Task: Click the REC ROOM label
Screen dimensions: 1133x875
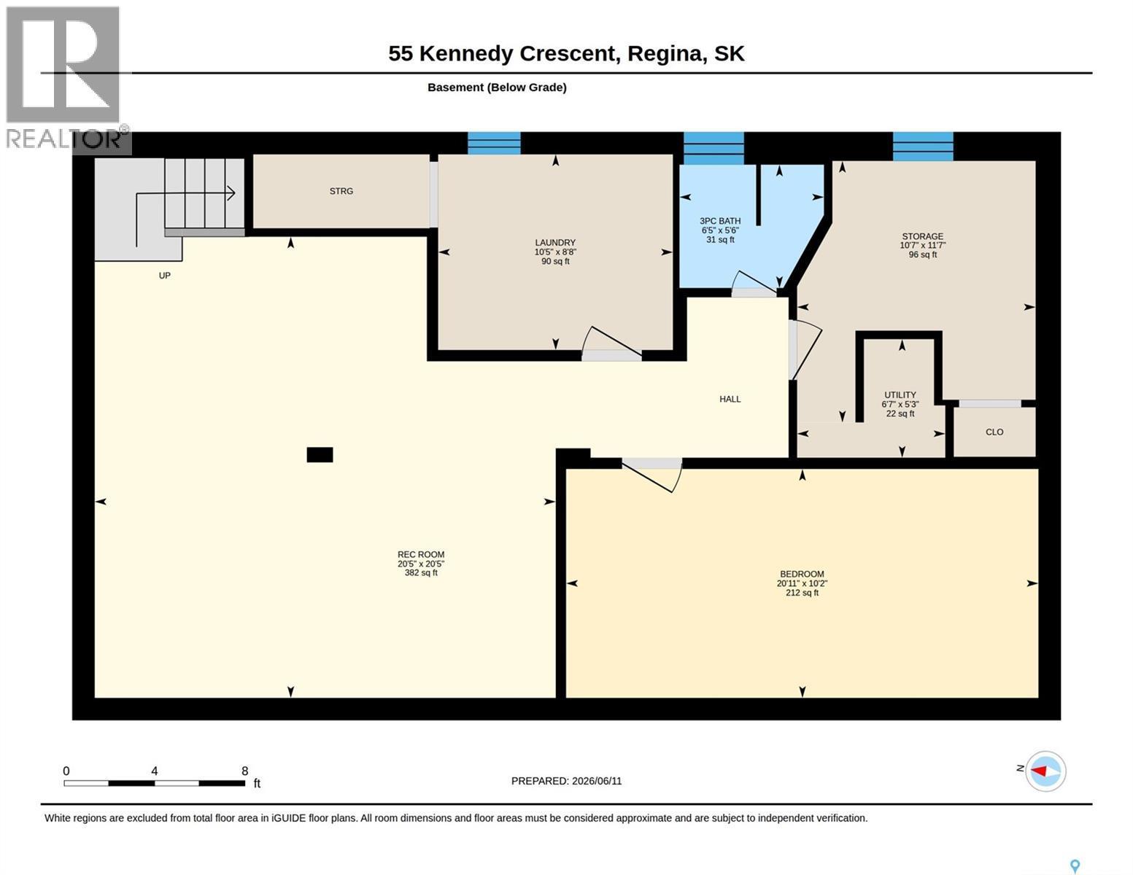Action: pyautogui.click(x=421, y=554)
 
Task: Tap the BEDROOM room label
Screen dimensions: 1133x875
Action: pyautogui.click(x=802, y=575)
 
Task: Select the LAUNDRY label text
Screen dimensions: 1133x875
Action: pyautogui.click(x=554, y=243)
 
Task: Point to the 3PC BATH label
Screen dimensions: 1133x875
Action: pyautogui.click(x=720, y=221)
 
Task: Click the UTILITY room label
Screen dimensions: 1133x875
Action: pyautogui.click(x=900, y=395)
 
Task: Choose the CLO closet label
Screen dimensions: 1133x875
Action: pyautogui.click(x=994, y=432)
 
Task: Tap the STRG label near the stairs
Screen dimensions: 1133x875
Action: pyautogui.click(x=341, y=191)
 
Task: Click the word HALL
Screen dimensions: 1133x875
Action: pyautogui.click(x=730, y=399)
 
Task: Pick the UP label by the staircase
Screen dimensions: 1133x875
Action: pyautogui.click(x=164, y=276)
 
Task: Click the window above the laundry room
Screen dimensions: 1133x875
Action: pyautogui.click(x=494, y=144)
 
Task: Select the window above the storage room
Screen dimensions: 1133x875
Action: pyautogui.click(x=923, y=147)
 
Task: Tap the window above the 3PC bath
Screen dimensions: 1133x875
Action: pyautogui.click(x=714, y=149)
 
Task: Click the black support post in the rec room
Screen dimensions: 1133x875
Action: pyautogui.click(x=320, y=455)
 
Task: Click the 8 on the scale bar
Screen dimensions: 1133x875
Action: pyautogui.click(x=244, y=771)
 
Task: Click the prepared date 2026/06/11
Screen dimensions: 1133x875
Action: pyautogui.click(x=597, y=781)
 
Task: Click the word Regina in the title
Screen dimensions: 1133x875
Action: pyautogui.click(x=667, y=54)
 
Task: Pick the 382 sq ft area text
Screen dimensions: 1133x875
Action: pyautogui.click(x=421, y=572)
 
